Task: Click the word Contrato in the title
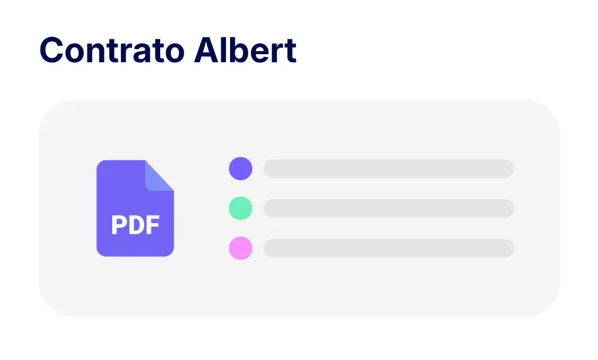pyautogui.click(x=112, y=50)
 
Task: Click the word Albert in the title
pyautogui.click(x=245, y=50)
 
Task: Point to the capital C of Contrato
pyautogui.click(x=52, y=50)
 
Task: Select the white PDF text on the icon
pyautogui.click(x=136, y=225)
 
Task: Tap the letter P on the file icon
pyautogui.click(x=119, y=225)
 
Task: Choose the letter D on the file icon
pyautogui.click(x=136, y=225)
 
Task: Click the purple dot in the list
pyautogui.click(x=241, y=169)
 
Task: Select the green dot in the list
pyautogui.click(x=241, y=208)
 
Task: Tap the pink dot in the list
pyautogui.click(x=241, y=248)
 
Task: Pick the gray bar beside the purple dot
pyautogui.click(x=388, y=169)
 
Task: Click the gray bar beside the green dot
pyautogui.click(x=388, y=208)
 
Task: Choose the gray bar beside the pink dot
pyautogui.click(x=388, y=248)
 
